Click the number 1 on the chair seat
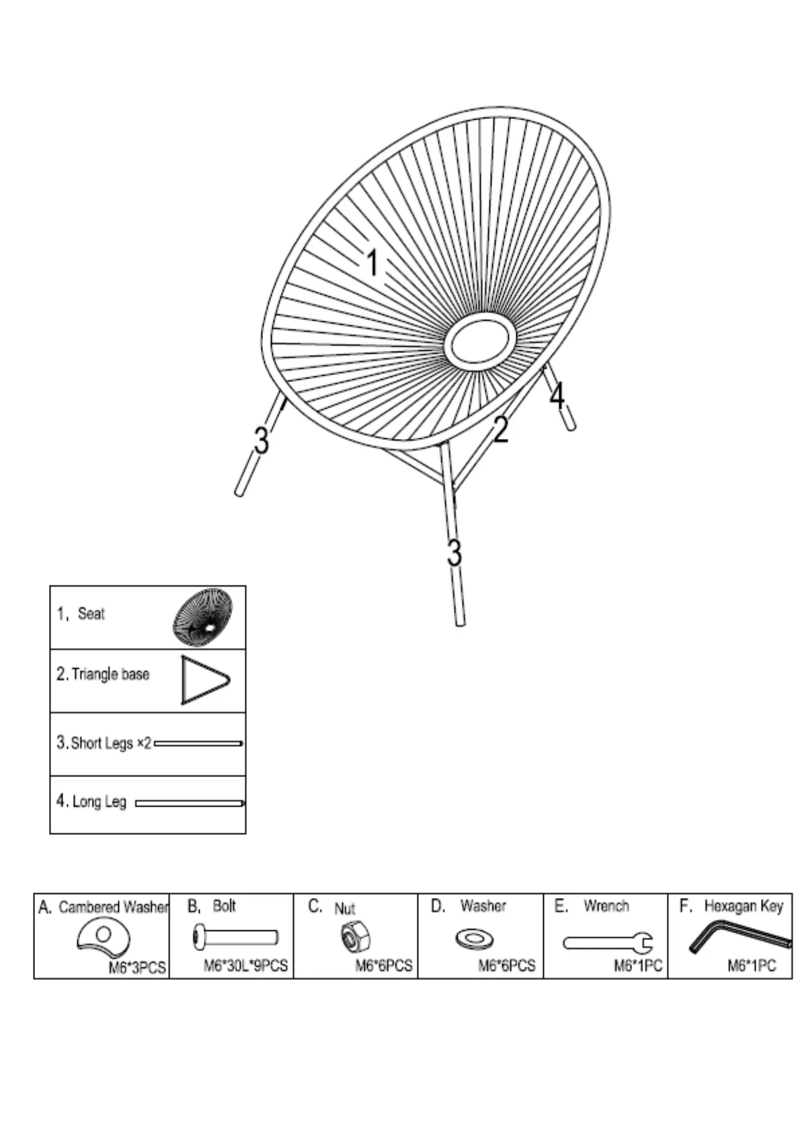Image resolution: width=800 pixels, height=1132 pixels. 372,263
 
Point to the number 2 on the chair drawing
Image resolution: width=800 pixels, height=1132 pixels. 501,430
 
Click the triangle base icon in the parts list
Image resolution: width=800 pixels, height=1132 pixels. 204,680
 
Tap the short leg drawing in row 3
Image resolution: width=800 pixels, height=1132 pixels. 198,743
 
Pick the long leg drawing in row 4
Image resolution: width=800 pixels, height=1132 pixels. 190,803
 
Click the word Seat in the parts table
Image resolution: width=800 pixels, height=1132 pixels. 91,613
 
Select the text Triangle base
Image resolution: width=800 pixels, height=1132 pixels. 110,674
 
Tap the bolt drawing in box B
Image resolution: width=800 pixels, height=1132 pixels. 235,937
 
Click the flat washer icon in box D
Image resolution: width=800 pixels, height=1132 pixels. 474,938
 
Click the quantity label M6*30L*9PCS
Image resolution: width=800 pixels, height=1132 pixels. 245,966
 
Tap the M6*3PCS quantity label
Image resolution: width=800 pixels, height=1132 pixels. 137,968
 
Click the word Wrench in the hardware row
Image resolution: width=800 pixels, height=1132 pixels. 606,906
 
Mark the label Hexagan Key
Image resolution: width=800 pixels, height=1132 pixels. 743,906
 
